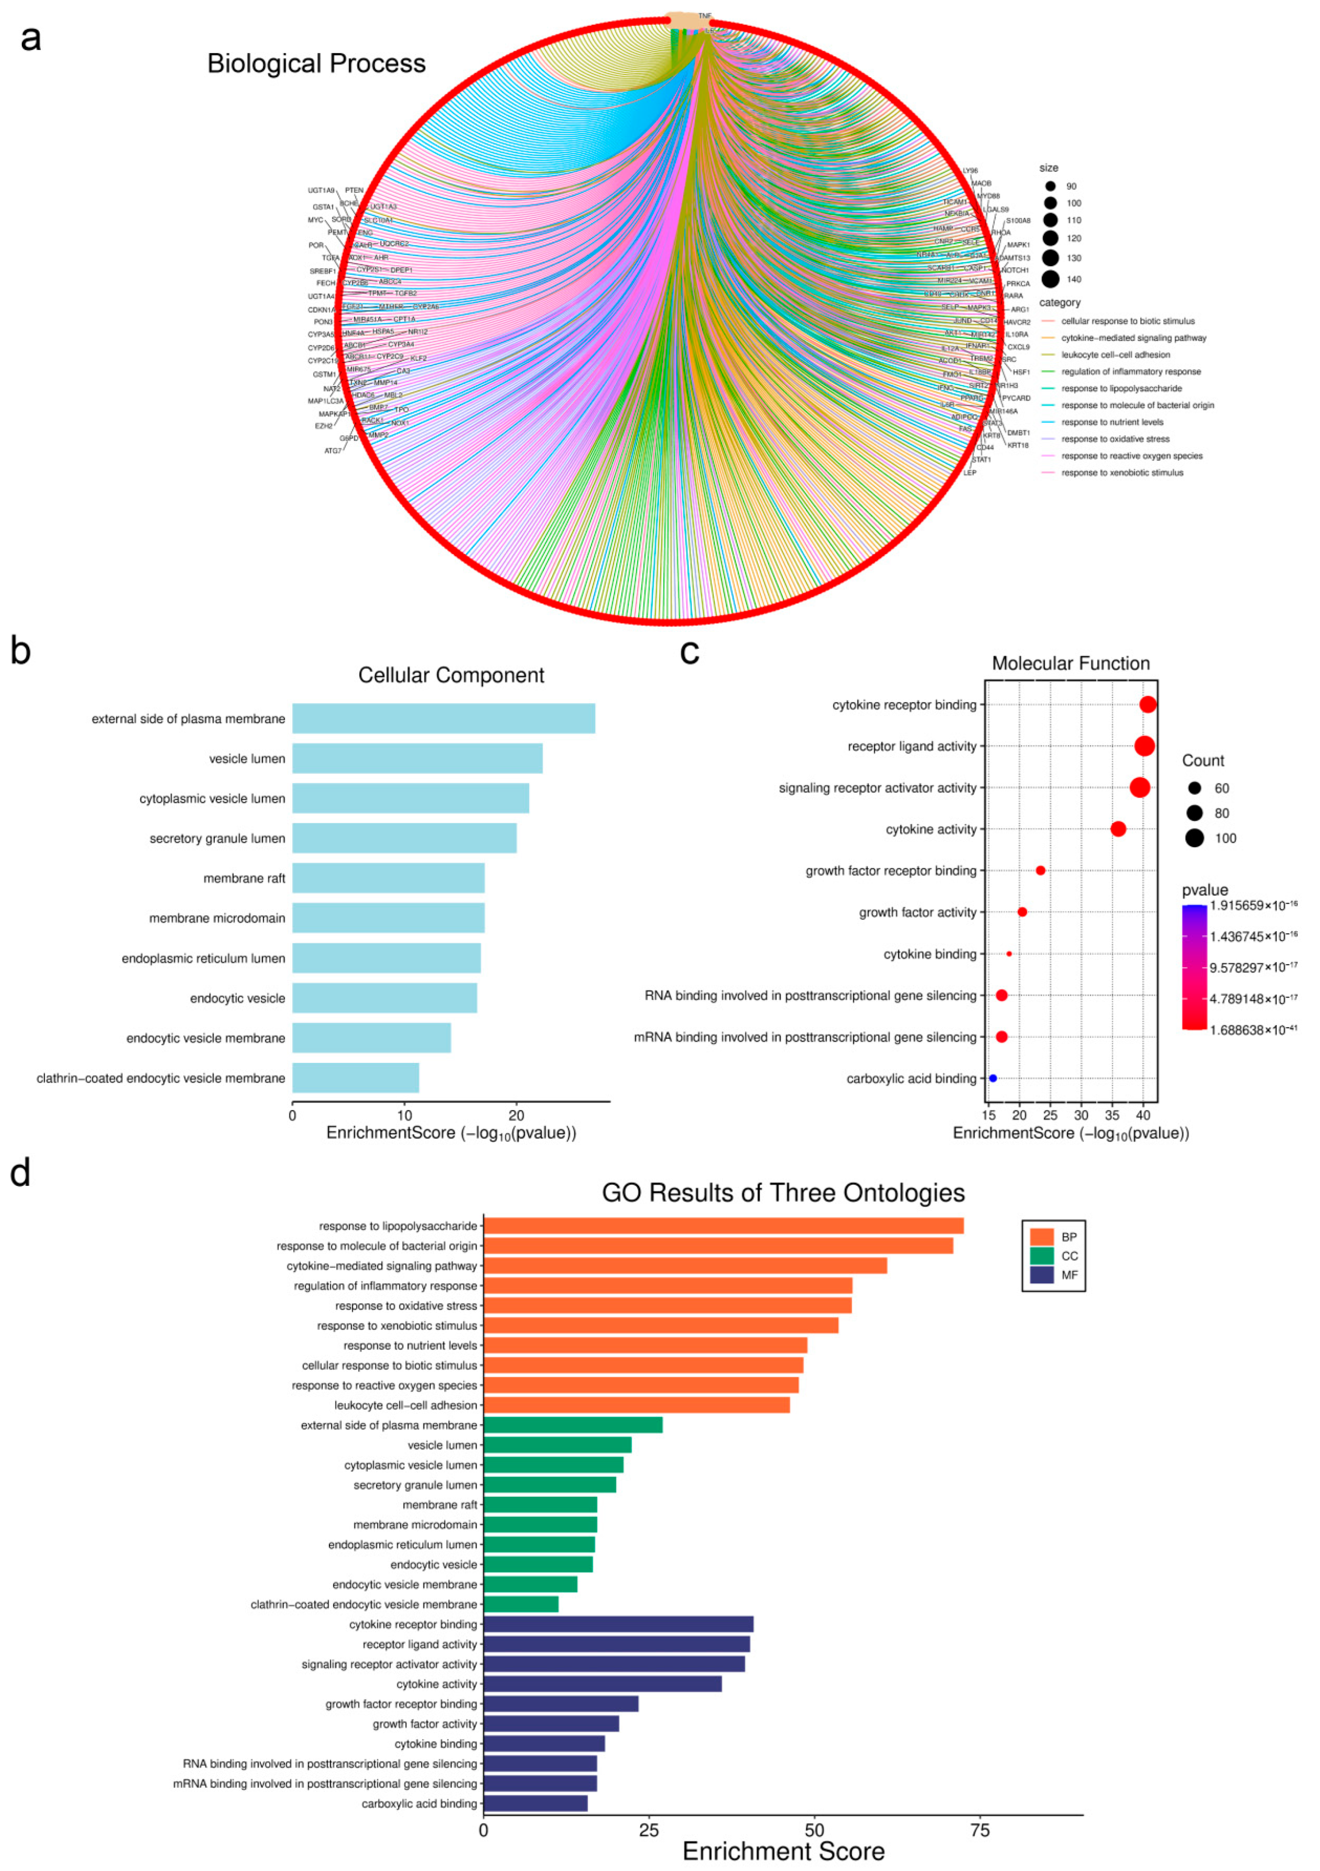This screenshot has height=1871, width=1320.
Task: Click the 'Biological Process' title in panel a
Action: pyautogui.click(x=316, y=63)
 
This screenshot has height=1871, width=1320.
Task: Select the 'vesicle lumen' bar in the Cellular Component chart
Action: pyautogui.click(x=417, y=759)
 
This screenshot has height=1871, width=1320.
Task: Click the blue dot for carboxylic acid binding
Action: pyautogui.click(x=992, y=1078)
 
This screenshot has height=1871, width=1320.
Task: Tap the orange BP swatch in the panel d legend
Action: pyautogui.click(x=1041, y=1237)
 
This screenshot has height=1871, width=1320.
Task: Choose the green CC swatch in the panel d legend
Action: pyautogui.click(x=1041, y=1256)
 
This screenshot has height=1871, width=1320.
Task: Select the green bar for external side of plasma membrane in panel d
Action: pyautogui.click(x=573, y=1425)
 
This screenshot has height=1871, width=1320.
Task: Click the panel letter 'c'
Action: pyautogui.click(x=689, y=652)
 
